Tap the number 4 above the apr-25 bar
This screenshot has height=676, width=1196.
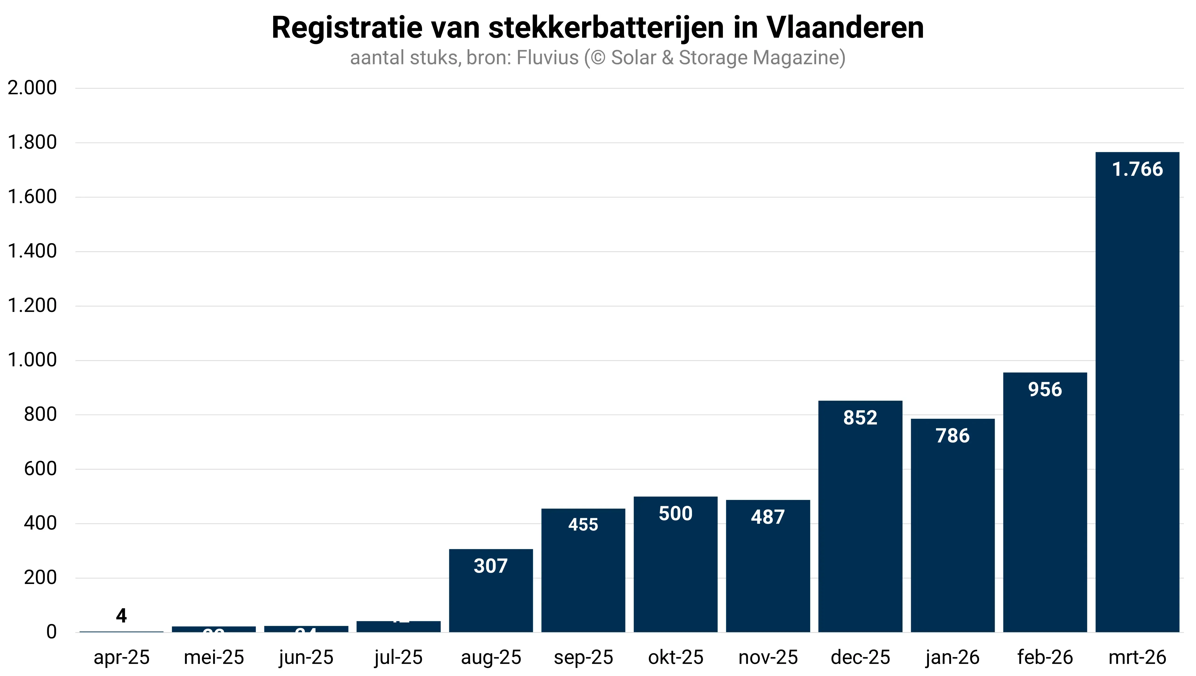click(121, 616)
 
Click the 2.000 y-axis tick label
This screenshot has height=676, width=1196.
click(32, 88)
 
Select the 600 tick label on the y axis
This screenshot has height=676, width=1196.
click(40, 469)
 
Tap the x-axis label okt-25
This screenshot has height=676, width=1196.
click(676, 657)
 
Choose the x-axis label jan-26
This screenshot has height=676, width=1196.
click(953, 657)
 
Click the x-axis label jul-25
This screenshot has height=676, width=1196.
click(398, 657)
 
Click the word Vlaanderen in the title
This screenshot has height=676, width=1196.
click(845, 28)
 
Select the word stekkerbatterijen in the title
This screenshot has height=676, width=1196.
click(606, 28)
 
